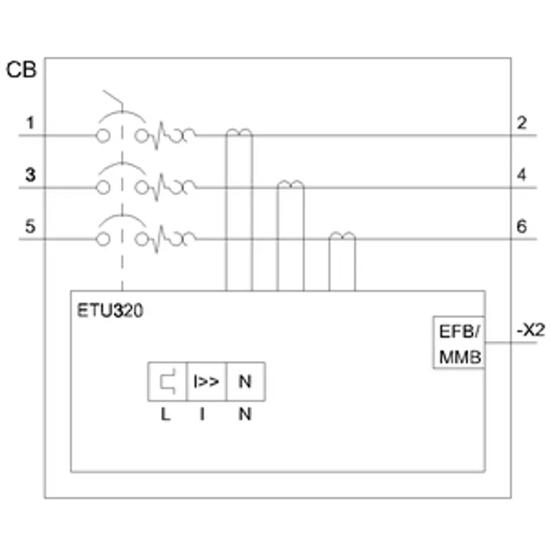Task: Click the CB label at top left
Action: click(21, 69)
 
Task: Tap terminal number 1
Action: click(30, 123)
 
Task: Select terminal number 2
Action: click(522, 123)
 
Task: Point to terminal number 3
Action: click(30, 175)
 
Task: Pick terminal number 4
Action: click(522, 175)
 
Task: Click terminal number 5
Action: click(30, 226)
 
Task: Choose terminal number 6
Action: click(522, 226)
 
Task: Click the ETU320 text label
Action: click(110, 311)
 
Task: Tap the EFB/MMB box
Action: click(459, 342)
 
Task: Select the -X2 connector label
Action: click(531, 330)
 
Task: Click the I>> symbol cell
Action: click(207, 382)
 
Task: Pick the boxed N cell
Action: click(246, 382)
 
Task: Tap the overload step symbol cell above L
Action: click(167, 382)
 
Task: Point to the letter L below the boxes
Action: click(166, 415)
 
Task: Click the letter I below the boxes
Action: click(202, 415)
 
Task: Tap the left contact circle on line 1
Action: click(102, 135)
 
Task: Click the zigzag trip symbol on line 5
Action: click(159, 239)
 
